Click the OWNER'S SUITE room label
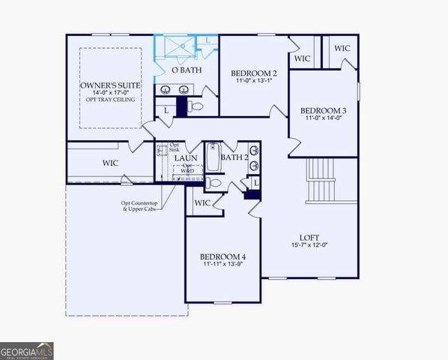pyautogui.click(x=111, y=85)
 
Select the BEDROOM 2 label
pyautogui.click(x=254, y=73)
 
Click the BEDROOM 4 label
pyautogui.click(x=223, y=256)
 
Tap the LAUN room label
pyautogui.click(x=186, y=158)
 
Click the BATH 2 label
pyautogui.click(x=234, y=157)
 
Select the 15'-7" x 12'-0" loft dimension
pyautogui.click(x=310, y=245)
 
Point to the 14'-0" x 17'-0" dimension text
pyautogui.click(x=111, y=94)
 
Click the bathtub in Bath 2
pyautogui.click(x=212, y=157)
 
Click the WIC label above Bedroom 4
pyautogui.click(x=202, y=202)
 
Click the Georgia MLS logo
pyautogui.click(x=27, y=350)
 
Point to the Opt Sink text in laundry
pyautogui.click(x=174, y=147)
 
